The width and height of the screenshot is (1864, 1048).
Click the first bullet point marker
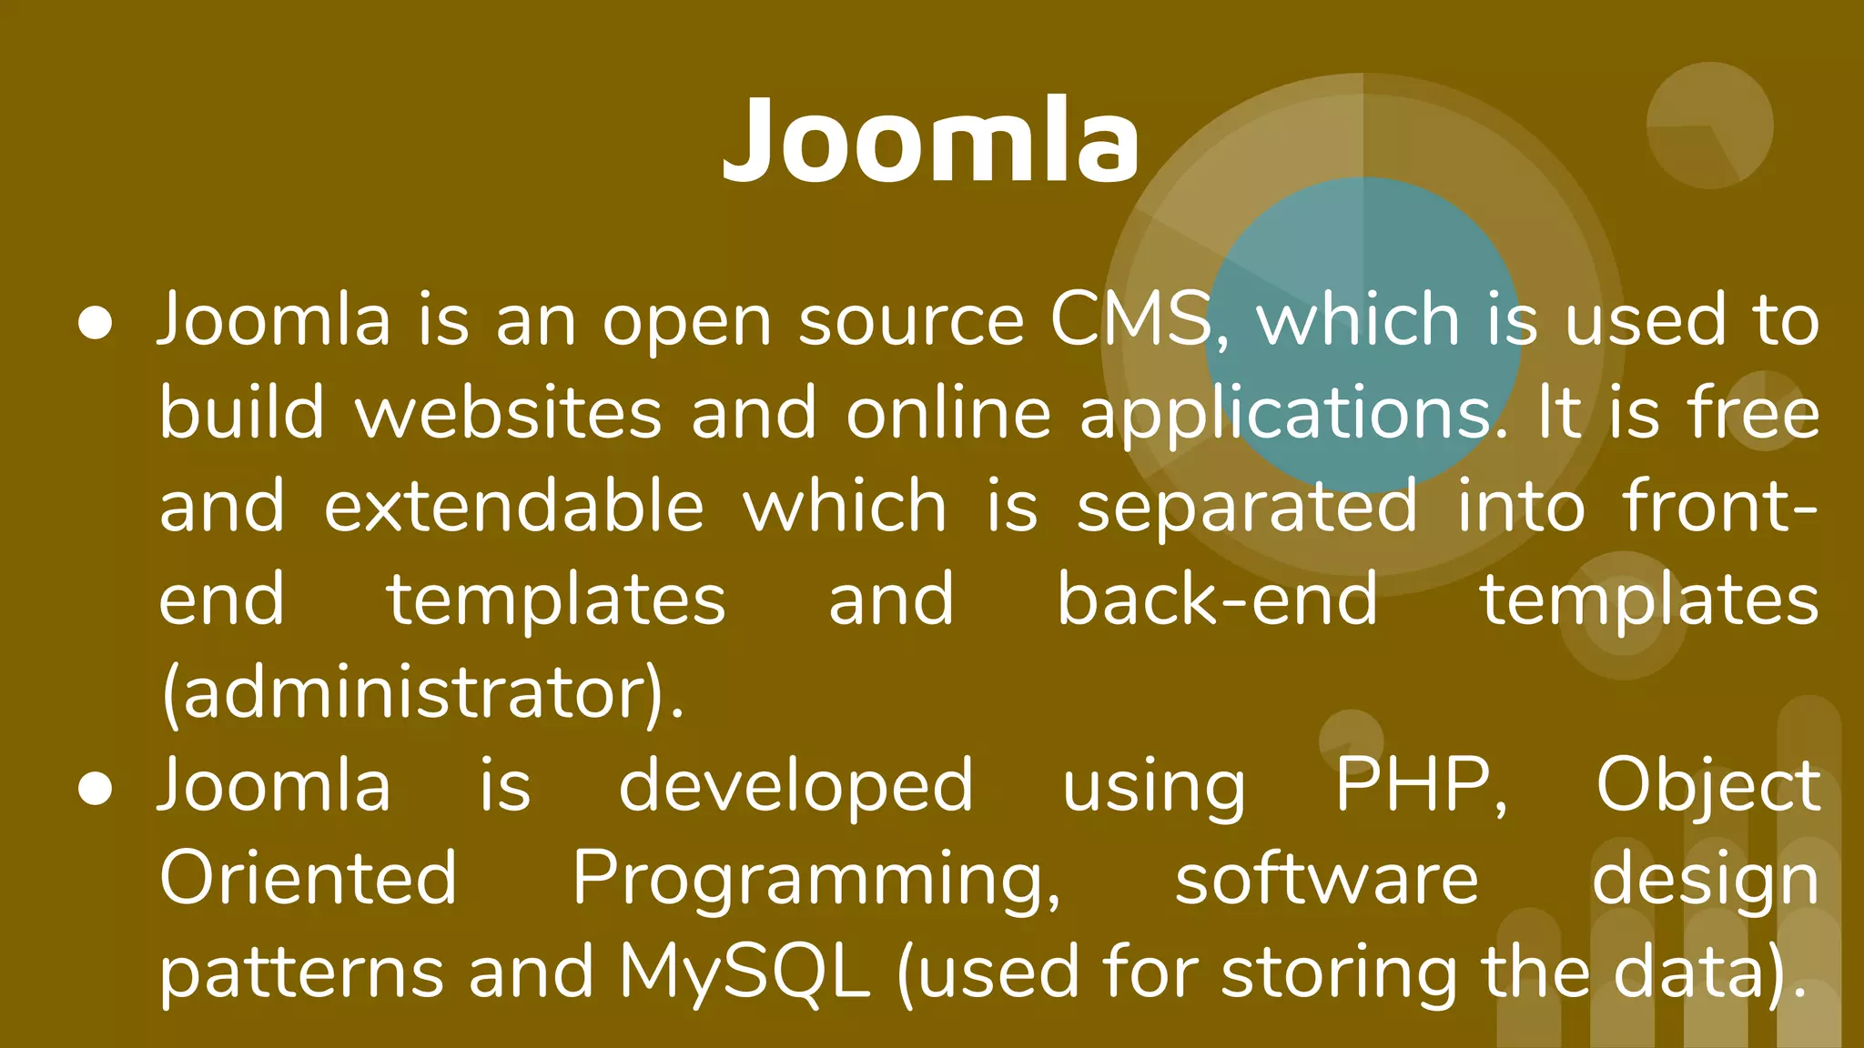tap(95, 323)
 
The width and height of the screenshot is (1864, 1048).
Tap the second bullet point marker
tap(95, 789)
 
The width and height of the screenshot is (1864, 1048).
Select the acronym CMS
tap(1132, 320)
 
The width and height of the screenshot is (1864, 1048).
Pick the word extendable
tap(514, 507)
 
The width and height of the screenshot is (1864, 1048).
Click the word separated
tap(1247, 507)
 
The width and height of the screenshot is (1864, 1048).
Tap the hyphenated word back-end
tap(1217, 600)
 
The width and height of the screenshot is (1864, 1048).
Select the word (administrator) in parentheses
tap(420, 694)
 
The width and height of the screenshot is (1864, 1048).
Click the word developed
tap(796, 786)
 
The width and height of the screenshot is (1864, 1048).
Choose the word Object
tap(1707, 788)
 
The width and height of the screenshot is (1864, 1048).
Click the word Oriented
tap(308, 879)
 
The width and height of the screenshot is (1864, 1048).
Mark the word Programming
tap(816, 881)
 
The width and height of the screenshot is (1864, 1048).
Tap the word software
tap(1326, 879)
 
